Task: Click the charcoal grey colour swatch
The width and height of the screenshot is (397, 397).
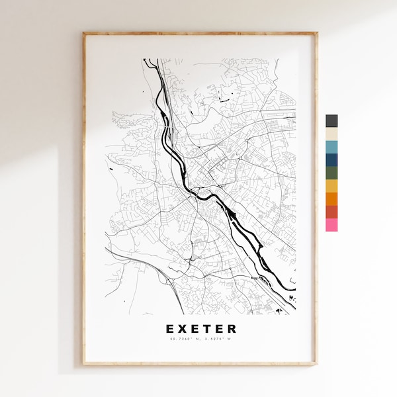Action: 331,121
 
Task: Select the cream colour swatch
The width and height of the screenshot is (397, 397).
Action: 331,134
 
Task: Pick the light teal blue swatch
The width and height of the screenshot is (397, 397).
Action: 331,147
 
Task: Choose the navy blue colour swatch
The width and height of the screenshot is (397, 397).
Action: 331,160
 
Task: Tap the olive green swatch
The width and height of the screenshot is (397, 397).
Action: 331,173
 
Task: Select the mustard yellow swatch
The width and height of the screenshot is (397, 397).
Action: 331,186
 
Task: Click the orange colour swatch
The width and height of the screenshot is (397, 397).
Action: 331,198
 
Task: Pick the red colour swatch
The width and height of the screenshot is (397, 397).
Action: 331,212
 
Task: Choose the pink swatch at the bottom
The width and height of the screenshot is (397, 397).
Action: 331,225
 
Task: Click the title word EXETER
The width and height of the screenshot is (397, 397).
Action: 200,329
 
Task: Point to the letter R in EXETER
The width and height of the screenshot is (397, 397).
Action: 231,329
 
